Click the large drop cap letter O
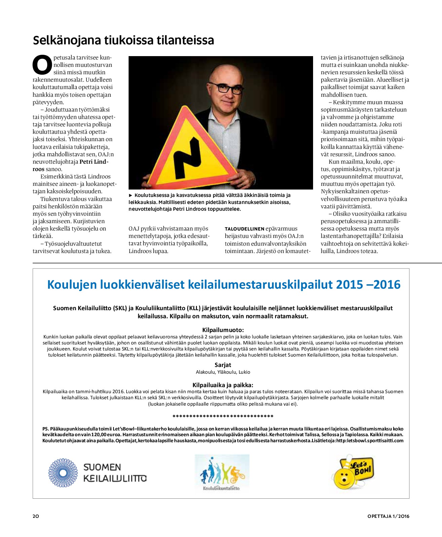[x=42, y=65]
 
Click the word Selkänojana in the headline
[x=67, y=40]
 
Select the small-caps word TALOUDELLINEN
[x=244, y=229]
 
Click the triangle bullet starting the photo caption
[x=131, y=195]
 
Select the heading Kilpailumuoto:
[x=223, y=330]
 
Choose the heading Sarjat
[x=223, y=365]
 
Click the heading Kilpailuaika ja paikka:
[x=223, y=385]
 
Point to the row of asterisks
[x=223, y=417]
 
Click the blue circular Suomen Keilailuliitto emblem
[x=63, y=473]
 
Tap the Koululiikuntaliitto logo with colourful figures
[x=222, y=472]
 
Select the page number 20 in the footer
[x=36, y=516]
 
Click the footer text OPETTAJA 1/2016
[x=388, y=516]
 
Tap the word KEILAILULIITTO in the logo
[x=115, y=478]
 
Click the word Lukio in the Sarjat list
[x=244, y=372]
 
